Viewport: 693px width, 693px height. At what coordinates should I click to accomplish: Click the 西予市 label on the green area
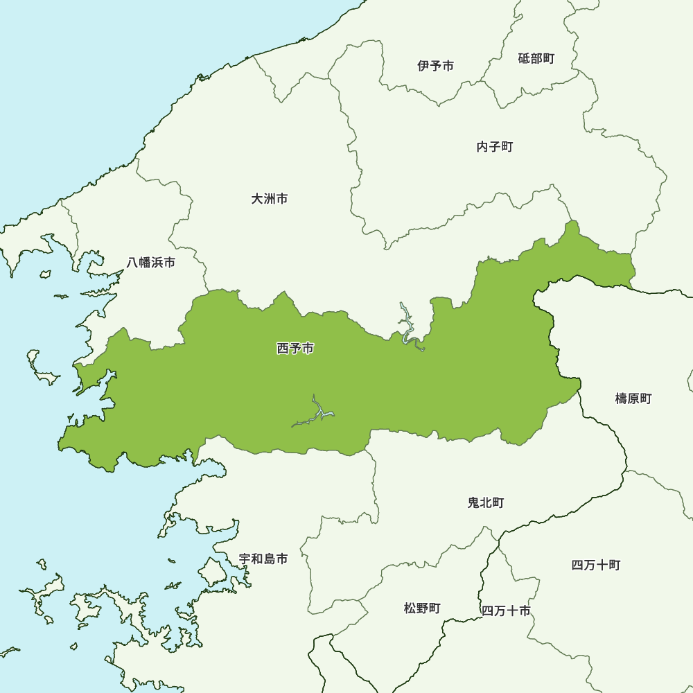tap(295, 349)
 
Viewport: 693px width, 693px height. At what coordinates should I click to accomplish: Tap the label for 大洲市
tap(269, 199)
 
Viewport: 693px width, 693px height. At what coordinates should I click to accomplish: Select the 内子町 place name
tap(495, 147)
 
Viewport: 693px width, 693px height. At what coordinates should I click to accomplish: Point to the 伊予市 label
tap(436, 66)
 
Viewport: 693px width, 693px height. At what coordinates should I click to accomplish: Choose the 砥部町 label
tap(536, 59)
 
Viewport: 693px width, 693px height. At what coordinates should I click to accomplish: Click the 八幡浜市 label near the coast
tap(151, 263)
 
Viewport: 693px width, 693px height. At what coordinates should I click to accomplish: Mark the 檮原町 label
tap(633, 398)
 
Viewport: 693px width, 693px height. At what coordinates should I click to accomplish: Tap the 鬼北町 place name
tap(486, 502)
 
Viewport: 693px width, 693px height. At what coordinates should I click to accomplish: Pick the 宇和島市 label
tap(263, 559)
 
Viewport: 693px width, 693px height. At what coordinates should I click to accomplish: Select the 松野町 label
tap(422, 608)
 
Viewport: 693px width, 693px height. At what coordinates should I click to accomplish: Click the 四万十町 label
tap(596, 565)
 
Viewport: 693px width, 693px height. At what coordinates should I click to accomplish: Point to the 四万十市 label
tap(506, 611)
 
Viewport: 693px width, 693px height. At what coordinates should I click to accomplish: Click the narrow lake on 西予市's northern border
tap(407, 326)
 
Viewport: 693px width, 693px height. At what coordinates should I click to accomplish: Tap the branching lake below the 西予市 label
tap(315, 414)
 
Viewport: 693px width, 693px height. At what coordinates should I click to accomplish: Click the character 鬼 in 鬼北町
tap(474, 502)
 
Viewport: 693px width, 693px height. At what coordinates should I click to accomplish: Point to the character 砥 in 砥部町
tap(524, 59)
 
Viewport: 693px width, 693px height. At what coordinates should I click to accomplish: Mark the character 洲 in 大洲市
tap(269, 199)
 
